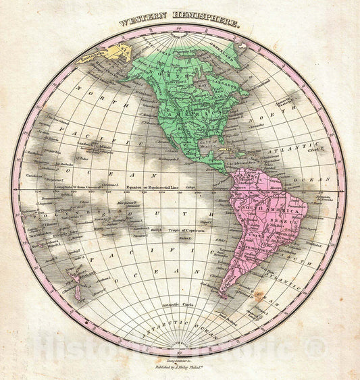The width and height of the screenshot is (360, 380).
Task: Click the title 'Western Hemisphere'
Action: pyautogui.click(x=179, y=22)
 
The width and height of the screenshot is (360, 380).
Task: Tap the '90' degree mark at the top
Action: pyautogui.click(x=178, y=29)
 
